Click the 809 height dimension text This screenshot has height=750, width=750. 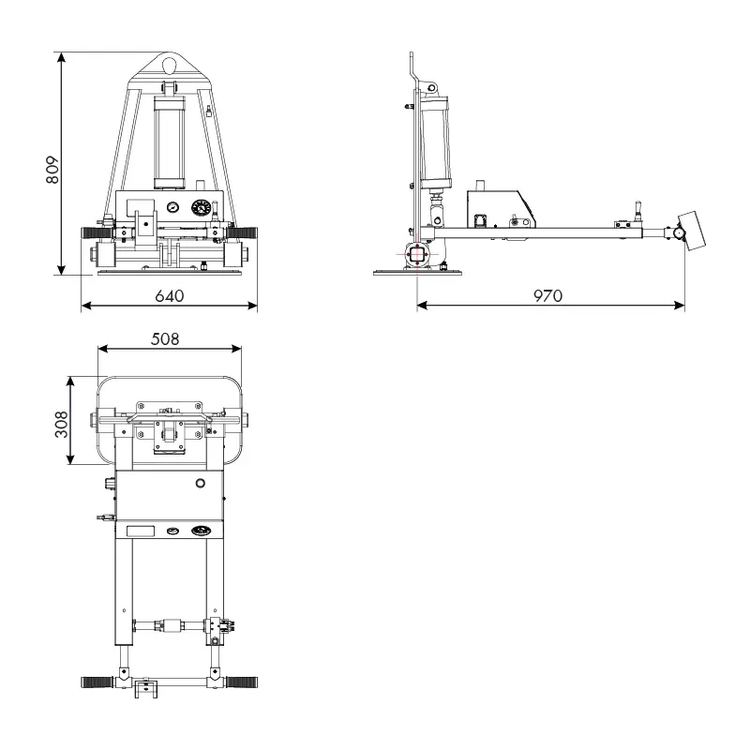pyautogui.click(x=52, y=170)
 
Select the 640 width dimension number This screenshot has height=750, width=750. pyautogui.click(x=169, y=295)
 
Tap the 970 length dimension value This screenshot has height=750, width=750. pyautogui.click(x=547, y=295)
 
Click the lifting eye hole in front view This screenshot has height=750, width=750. pyautogui.click(x=170, y=65)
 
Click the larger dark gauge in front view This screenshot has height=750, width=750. pyautogui.click(x=201, y=208)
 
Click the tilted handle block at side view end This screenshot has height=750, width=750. pyautogui.click(x=693, y=230)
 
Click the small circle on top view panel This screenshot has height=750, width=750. pyautogui.click(x=200, y=483)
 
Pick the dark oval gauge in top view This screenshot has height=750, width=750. pyautogui.click(x=201, y=532)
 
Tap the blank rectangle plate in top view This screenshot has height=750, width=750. pyautogui.click(x=141, y=532)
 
